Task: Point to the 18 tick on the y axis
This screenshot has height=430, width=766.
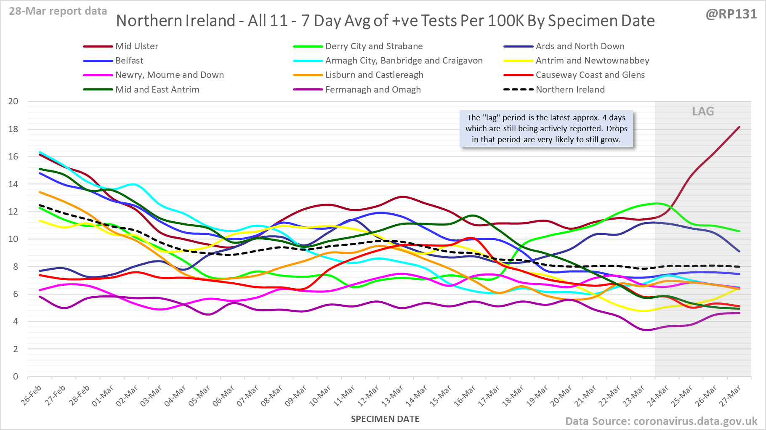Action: point(13,129)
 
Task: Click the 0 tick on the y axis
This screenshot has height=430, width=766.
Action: point(16,377)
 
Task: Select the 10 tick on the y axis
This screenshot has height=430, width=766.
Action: point(13,239)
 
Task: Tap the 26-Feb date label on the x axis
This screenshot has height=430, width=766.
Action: point(32,395)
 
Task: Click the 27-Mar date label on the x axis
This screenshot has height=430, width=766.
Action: point(730,396)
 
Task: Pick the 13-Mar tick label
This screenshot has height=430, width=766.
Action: point(392,396)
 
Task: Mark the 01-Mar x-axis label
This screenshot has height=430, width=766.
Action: point(103,396)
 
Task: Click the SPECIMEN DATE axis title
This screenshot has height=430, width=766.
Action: point(385,419)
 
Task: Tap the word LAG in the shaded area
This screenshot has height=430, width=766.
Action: point(703,111)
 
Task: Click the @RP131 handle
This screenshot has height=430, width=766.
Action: point(731,14)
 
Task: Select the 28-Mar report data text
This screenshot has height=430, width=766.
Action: point(58,11)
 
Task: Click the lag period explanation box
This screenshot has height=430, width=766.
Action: point(546,129)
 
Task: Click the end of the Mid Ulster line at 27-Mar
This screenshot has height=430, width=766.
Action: point(739,127)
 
